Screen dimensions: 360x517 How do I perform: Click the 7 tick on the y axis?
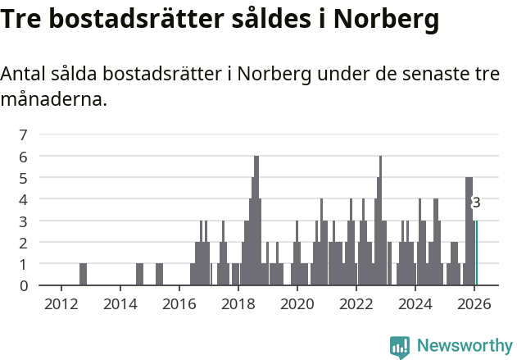(23, 134)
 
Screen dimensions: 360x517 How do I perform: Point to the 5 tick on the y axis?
(23, 178)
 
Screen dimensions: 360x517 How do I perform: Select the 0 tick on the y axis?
(23, 285)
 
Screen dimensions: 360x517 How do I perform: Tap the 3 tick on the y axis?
(23, 221)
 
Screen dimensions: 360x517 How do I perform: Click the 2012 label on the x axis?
(61, 303)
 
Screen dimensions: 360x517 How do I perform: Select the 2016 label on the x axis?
(179, 303)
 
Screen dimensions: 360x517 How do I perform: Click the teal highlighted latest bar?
(477, 253)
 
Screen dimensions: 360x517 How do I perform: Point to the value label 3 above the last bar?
(476, 203)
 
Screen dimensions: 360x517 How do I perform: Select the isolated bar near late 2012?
(83, 275)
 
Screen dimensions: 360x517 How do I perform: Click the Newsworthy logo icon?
(400, 346)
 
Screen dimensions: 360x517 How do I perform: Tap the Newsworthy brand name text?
(464, 346)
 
